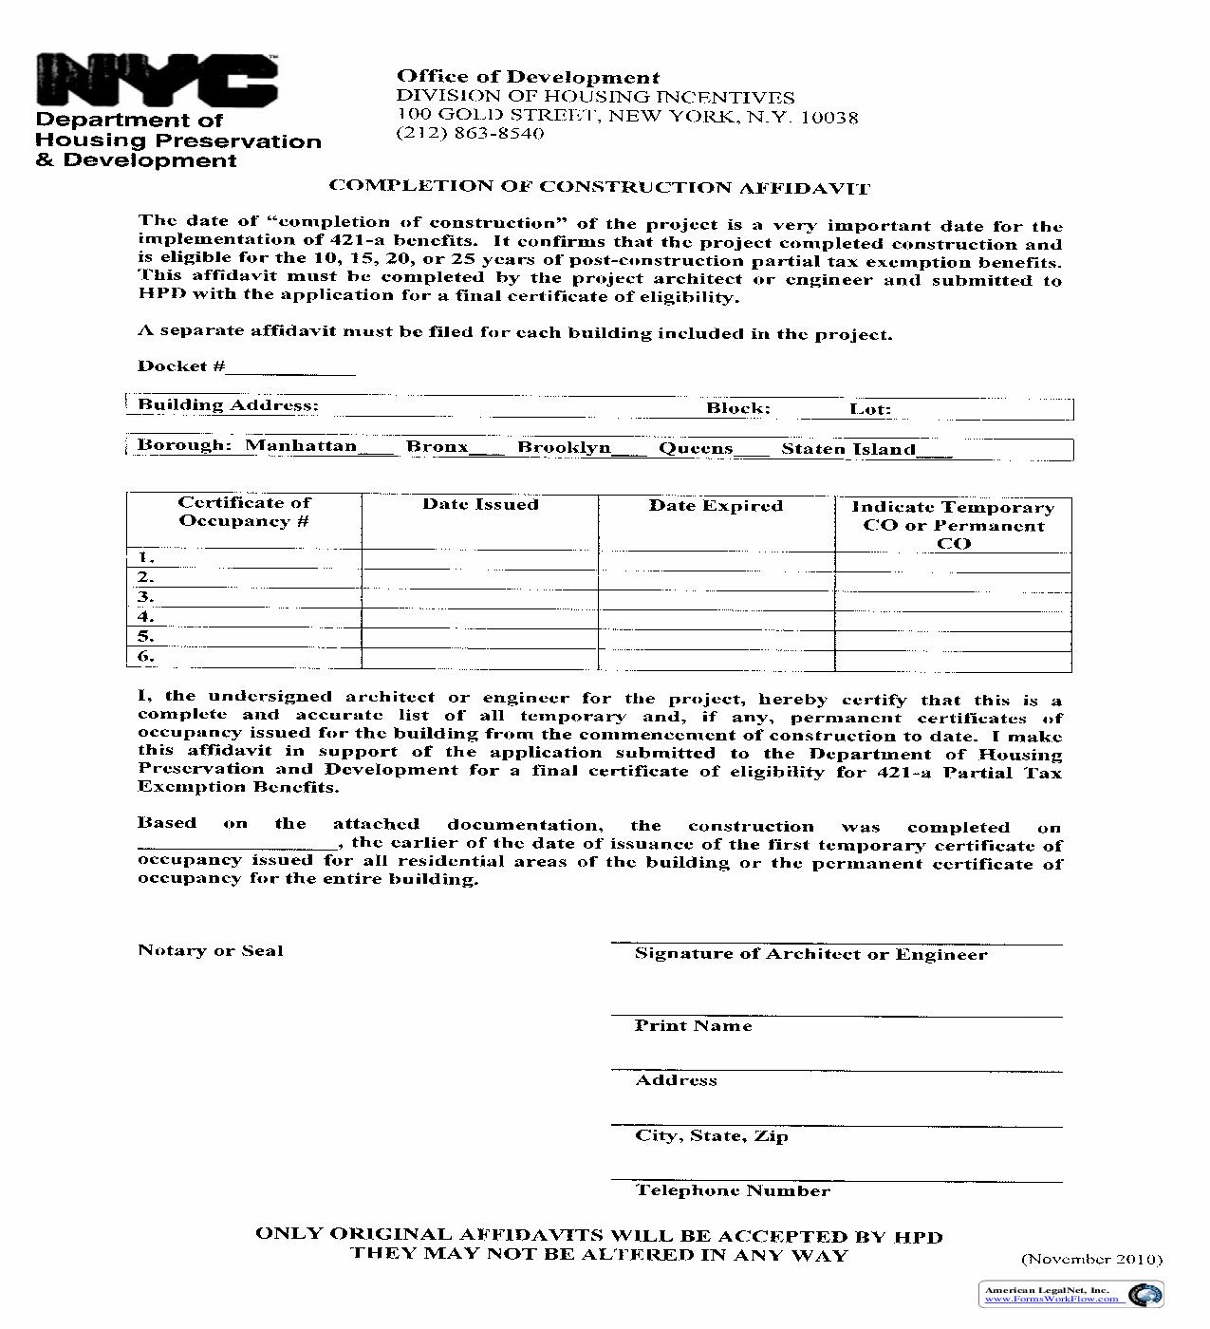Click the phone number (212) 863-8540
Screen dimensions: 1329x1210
[470, 134]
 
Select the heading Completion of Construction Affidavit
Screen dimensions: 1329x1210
[599, 187]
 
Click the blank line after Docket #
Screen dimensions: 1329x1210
[290, 367]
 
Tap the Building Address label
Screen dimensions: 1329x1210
[228, 405]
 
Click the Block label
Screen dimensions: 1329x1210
[737, 409]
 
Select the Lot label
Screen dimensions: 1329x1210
[869, 410]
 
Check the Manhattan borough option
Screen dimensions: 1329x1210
[301, 446]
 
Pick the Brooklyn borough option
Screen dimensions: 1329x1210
[564, 447]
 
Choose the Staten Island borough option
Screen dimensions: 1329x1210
[848, 450]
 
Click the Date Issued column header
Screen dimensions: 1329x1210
[480, 505]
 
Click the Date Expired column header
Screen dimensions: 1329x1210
[716, 506]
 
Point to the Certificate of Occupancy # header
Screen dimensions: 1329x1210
[244, 512]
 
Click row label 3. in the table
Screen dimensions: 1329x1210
[145, 597]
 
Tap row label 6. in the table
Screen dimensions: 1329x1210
[145, 657]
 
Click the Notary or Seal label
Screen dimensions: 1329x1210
[210, 951]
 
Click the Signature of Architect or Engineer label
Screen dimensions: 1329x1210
[810, 955]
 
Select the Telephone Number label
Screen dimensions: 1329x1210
[733, 1191]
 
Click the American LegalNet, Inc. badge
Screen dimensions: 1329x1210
[1070, 1294]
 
